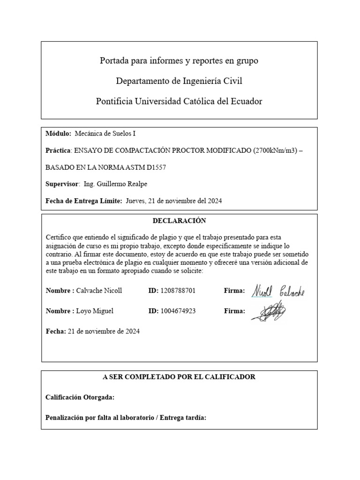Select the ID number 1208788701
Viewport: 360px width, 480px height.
(178, 291)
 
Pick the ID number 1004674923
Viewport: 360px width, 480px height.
(178, 311)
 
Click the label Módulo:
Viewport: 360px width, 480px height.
(59, 134)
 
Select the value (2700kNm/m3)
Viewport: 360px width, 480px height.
(275, 150)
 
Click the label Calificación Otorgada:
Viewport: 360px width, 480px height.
(80, 397)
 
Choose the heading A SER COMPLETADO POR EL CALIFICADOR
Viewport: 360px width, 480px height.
(179, 377)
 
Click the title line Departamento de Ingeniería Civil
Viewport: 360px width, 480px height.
(179, 81)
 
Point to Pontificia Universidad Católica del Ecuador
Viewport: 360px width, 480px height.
(179, 101)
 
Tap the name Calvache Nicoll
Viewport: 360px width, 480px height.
(99, 291)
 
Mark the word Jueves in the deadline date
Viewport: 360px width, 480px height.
(136, 201)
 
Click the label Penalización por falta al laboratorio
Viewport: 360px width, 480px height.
(100, 417)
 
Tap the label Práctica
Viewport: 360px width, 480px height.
(57, 150)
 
